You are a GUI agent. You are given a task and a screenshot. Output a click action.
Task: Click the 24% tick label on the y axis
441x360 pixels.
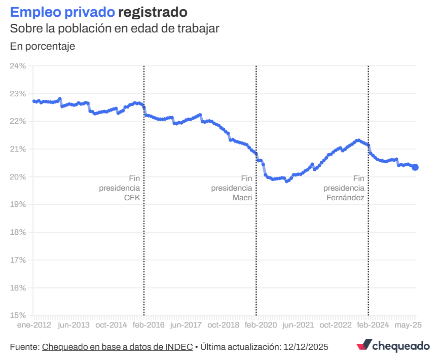18,66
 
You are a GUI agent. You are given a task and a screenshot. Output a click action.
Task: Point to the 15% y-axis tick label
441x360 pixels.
18,315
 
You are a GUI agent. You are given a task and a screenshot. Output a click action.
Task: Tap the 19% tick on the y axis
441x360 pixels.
18,204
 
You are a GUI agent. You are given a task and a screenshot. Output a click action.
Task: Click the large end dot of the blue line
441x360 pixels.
415,167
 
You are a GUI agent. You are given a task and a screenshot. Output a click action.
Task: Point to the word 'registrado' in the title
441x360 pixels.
153,12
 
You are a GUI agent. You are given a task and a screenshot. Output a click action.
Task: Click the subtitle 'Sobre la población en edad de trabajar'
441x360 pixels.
115,28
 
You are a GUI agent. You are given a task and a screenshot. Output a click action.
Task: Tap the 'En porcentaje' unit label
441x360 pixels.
43,46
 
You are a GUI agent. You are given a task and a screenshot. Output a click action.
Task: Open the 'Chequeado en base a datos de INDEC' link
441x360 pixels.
117,347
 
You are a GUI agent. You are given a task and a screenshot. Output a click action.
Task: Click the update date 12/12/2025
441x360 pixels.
306,347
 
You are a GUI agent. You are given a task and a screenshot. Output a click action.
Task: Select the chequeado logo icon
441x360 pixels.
364,346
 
